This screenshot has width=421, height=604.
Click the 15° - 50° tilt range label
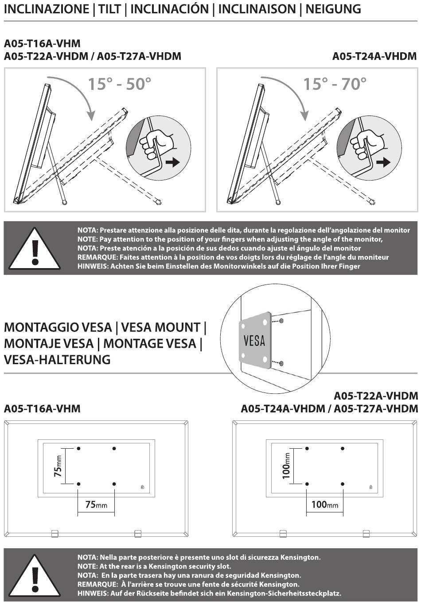coord(119,84)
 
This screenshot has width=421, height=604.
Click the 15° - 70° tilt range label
coord(335,84)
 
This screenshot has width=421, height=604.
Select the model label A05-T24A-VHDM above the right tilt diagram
coord(374,56)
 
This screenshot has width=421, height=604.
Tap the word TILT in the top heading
coord(109,9)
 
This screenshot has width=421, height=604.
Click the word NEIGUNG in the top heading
coord(333,9)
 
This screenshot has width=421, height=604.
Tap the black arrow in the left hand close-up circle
coord(172,162)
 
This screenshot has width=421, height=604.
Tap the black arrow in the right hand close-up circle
coord(383,162)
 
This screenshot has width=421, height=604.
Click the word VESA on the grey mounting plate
coord(254,341)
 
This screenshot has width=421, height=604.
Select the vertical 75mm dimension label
coord(58,466)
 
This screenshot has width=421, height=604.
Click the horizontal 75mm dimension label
coord(96,504)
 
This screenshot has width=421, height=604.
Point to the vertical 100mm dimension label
coord(286,466)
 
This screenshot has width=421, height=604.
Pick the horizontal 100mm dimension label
coord(324,504)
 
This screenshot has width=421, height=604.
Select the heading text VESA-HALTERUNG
coord(57,359)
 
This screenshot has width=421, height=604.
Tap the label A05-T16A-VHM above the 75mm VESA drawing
coord(42,408)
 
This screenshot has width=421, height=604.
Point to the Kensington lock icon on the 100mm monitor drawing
coord(370,487)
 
